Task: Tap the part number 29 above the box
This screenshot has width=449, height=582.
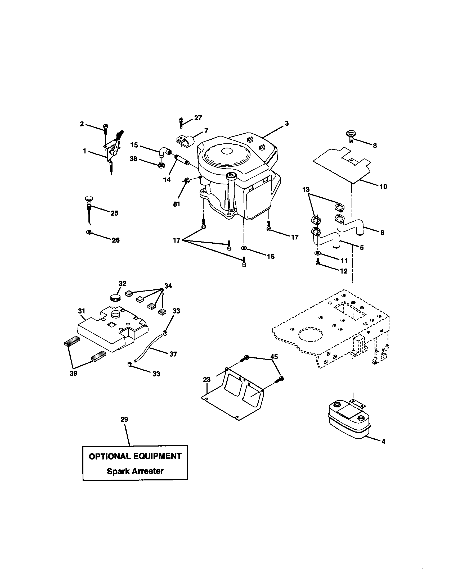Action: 124,420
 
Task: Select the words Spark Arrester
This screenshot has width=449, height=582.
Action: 135,471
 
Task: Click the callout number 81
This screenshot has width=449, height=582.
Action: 177,204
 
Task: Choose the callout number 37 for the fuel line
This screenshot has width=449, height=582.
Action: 173,354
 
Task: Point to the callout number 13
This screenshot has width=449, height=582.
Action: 306,189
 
